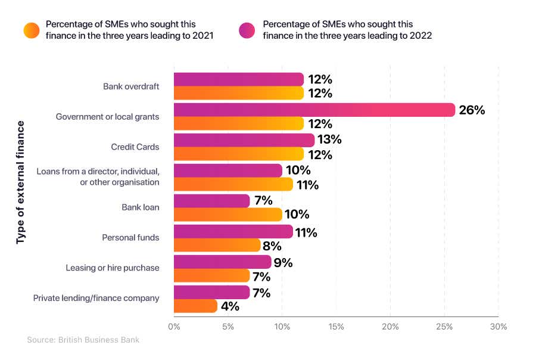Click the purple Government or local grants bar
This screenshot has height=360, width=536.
click(x=314, y=110)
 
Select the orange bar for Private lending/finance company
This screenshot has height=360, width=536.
click(x=195, y=306)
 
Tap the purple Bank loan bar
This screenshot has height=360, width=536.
click(x=211, y=201)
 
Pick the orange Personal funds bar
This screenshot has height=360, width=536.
click(x=217, y=246)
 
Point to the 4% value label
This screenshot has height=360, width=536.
click(x=229, y=307)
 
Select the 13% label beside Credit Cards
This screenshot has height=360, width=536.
click(x=329, y=140)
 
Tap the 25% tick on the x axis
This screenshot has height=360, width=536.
click(x=444, y=327)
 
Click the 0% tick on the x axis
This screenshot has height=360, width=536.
click(x=174, y=327)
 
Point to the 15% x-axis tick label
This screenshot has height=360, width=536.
click(x=336, y=327)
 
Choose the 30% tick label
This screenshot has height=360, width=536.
click(x=498, y=327)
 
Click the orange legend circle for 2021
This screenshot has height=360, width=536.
click(x=31, y=30)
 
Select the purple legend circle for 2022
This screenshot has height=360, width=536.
click(x=247, y=30)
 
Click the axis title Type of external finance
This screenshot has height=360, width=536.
click(x=21, y=182)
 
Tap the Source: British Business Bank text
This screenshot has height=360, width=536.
click(x=83, y=340)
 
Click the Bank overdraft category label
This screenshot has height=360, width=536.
click(x=131, y=86)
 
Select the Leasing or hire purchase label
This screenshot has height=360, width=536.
click(x=113, y=268)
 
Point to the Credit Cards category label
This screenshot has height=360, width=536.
click(x=135, y=147)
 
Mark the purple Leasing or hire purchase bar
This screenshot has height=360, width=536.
click(x=222, y=262)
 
